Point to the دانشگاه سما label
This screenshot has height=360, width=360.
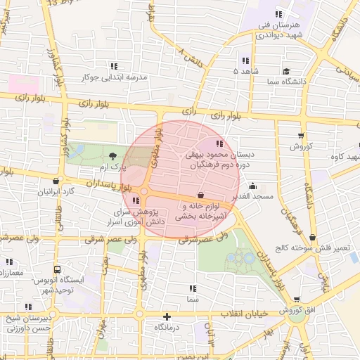point(285,82)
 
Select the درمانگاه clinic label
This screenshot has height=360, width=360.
point(167,327)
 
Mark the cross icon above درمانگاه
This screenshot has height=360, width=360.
point(167,316)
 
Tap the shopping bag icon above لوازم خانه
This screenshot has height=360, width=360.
point(202,195)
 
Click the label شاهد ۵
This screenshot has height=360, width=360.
point(245,71)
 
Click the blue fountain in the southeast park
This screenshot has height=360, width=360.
point(249,259)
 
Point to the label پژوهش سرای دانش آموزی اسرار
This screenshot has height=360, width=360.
point(139,216)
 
